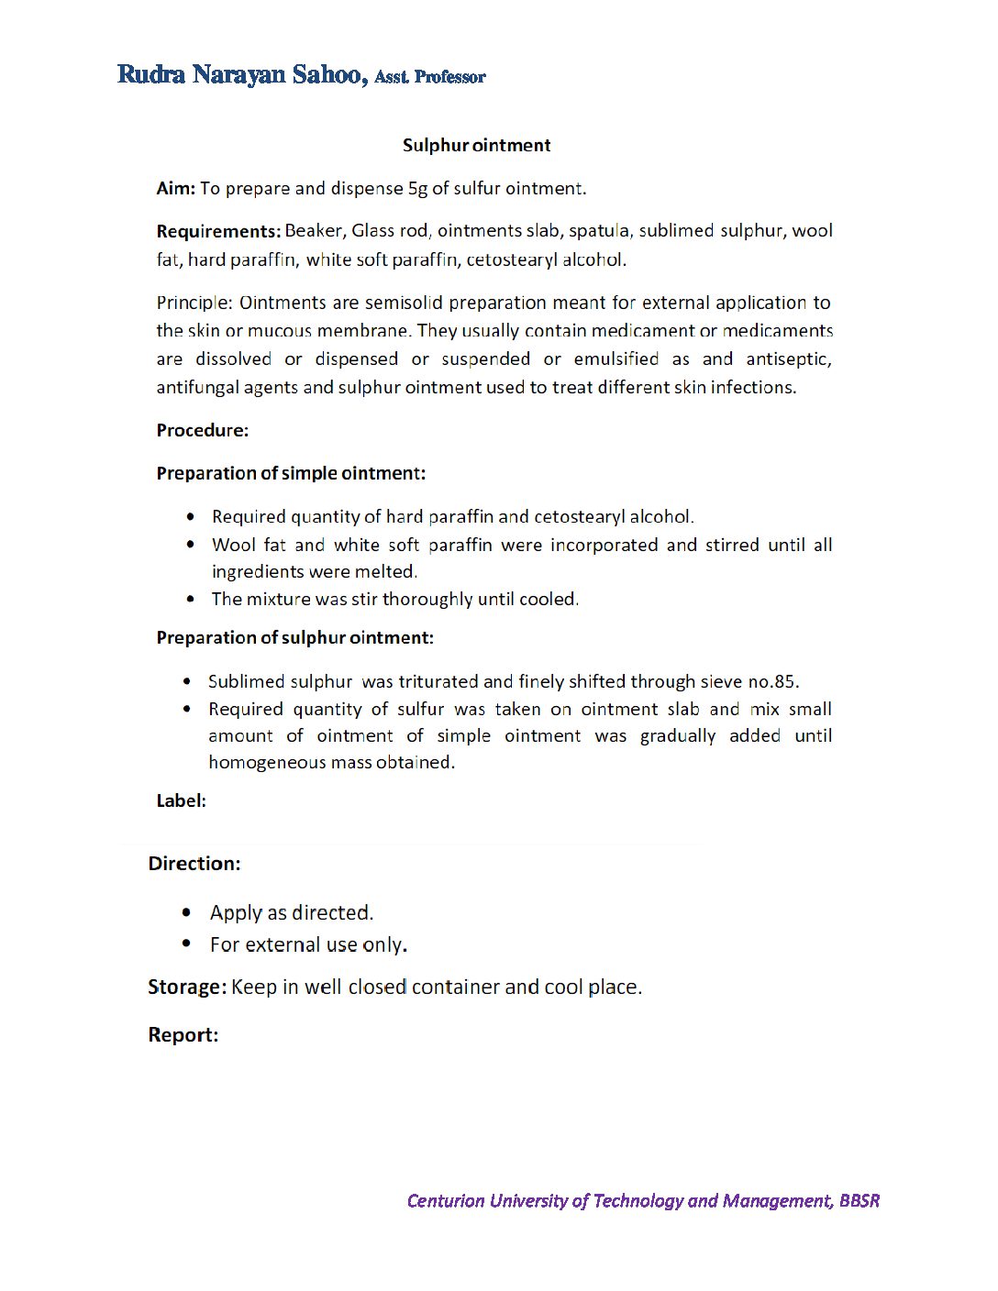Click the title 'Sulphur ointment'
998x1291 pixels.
[476, 145]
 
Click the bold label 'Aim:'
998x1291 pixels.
[175, 188]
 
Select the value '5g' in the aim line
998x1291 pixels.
[417, 188]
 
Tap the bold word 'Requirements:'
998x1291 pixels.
[218, 231]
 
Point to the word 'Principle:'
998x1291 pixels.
[194, 303]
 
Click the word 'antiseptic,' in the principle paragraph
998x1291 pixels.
[788, 359]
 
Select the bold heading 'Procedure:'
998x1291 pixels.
[202, 430]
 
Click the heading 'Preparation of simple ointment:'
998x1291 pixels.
[291, 473]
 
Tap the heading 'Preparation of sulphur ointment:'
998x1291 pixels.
[294, 637]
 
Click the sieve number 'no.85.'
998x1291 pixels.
[773, 681]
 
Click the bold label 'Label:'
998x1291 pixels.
[181, 800]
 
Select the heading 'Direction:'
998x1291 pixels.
[194, 863]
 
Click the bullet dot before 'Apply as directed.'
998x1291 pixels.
[187, 912]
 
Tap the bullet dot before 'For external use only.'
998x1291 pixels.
[187, 943]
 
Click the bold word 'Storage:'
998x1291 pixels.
[186, 987]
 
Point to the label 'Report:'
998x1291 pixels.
[183, 1034]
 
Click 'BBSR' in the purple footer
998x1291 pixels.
[859, 1200]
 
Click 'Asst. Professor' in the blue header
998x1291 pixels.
[429, 77]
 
